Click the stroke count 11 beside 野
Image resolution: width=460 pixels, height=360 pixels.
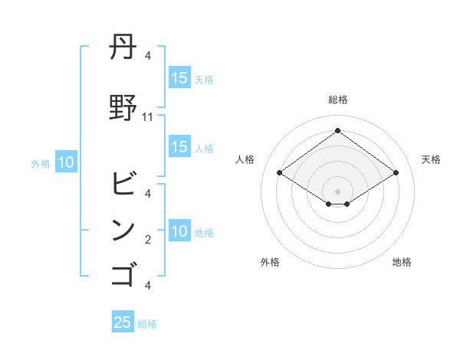pyautogui.click(x=148, y=117)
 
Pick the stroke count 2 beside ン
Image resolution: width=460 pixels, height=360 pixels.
pyautogui.click(x=148, y=240)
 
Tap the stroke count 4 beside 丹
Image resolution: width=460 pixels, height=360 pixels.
pyautogui.click(x=148, y=56)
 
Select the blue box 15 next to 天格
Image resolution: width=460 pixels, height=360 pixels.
pyautogui.click(x=179, y=77)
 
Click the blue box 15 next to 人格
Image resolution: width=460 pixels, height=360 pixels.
pyautogui.click(x=179, y=147)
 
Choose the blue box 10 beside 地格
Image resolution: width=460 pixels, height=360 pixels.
pyautogui.click(x=179, y=232)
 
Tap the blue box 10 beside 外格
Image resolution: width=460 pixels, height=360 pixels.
pyautogui.click(x=66, y=162)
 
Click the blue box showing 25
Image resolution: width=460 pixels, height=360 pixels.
pyautogui.click(x=123, y=322)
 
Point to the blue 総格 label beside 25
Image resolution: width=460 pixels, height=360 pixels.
pyautogui.click(x=147, y=324)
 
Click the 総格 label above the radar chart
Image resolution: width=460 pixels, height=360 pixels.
pyautogui.click(x=337, y=100)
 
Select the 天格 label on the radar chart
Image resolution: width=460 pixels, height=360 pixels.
pyautogui.click(x=431, y=159)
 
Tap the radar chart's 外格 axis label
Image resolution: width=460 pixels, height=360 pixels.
pyautogui.click(x=270, y=262)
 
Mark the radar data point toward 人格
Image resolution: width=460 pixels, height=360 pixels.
pyautogui.click(x=280, y=173)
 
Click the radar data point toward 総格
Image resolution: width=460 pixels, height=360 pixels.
pyautogui.click(x=337, y=130)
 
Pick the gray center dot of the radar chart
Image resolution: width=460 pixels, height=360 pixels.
pyautogui.click(x=337, y=190)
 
